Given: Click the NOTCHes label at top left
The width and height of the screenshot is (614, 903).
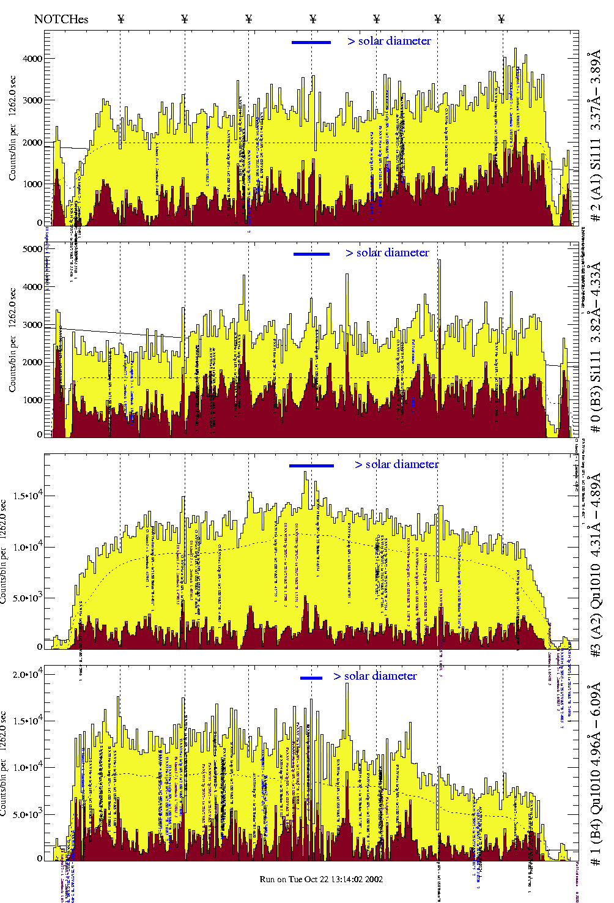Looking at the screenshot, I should (61, 19).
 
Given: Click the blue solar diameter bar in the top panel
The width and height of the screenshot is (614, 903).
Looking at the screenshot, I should (311, 42).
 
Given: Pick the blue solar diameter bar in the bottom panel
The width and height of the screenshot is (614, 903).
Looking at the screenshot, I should (311, 678).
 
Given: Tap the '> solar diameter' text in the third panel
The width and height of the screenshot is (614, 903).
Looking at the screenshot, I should (396, 464).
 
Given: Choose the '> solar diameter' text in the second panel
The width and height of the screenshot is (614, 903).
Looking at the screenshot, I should (387, 253).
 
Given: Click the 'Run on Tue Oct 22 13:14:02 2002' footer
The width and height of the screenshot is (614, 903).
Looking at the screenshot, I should (321, 879).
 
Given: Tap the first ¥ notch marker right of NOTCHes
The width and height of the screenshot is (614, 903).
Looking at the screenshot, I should (121, 19).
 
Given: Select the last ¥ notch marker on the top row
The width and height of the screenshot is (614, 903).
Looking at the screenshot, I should (501, 19).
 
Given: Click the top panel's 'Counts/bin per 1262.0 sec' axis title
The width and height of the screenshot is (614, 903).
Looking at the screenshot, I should (12, 128).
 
